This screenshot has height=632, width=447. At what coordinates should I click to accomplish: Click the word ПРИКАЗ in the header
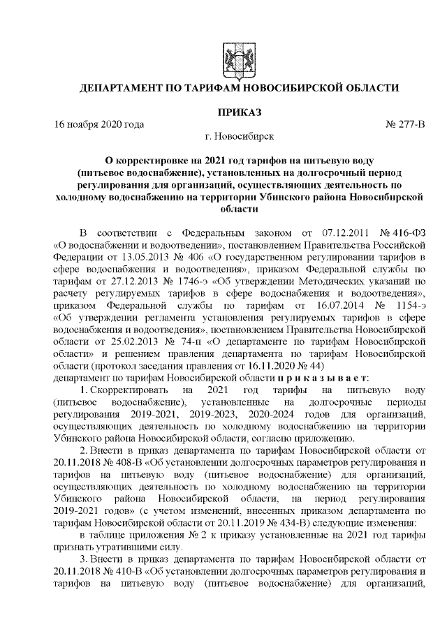[x=239, y=112]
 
